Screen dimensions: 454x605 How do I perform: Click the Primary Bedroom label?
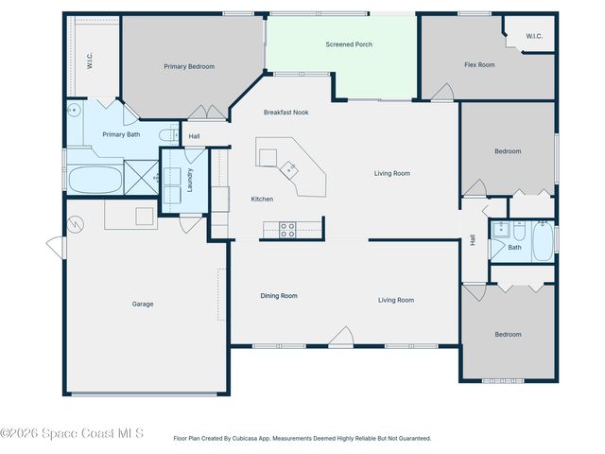(x=189, y=66)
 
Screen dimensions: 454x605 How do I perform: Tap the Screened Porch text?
(x=346, y=44)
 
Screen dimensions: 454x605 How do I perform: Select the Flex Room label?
(x=479, y=65)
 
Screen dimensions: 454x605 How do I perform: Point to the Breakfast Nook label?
(x=285, y=113)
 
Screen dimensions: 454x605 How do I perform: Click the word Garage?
(x=143, y=304)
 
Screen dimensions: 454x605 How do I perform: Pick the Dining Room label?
(x=279, y=296)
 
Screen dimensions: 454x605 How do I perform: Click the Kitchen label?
(x=262, y=199)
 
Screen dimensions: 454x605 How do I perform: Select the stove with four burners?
(x=287, y=228)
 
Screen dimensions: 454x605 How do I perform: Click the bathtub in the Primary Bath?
(x=95, y=178)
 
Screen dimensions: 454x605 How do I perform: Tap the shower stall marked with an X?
(x=142, y=178)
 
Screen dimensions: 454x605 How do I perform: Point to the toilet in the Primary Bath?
(x=165, y=134)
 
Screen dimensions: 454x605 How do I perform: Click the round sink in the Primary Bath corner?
(x=74, y=109)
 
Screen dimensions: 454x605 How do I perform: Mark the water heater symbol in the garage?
(x=75, y=225)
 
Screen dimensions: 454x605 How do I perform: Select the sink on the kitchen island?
(x=289, y=169)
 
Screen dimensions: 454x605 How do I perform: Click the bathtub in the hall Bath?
(x=543, y=241)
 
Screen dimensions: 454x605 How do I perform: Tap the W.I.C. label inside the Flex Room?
(x=534, y=37)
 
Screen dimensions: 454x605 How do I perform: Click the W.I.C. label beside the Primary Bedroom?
(x=89, y=62)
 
